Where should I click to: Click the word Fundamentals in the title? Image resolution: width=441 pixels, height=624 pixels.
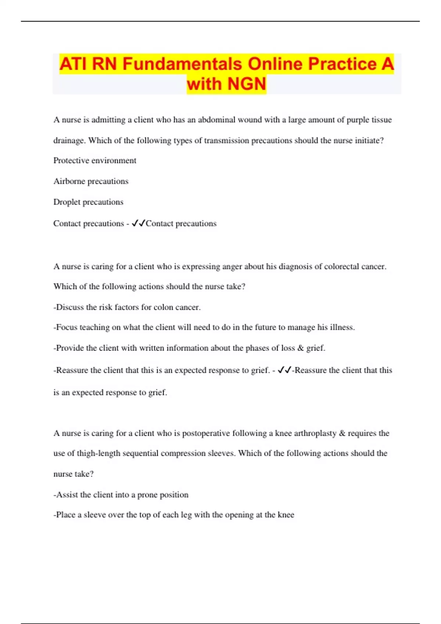coord(182,64)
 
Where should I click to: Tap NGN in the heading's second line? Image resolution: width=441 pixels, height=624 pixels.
coord(247,84)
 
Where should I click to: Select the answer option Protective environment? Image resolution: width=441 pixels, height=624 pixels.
coord(95,160)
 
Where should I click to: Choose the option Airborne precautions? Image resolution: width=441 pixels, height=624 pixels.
coord(91,181)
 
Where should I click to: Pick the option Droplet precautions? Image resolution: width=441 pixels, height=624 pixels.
coord(88,202)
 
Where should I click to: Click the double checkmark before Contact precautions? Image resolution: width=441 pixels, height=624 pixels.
coord(139,223)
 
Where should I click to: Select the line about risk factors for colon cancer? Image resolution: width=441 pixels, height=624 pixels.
coord(127,307)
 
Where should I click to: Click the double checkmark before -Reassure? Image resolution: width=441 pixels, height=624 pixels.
coord(285,370)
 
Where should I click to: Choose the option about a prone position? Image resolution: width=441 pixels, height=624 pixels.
coord(121,495)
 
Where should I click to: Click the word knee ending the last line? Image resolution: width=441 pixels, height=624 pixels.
coord(286,515)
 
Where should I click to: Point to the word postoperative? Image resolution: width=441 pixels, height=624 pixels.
coord(206,433)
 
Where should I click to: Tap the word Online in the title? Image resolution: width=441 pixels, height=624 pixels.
coord(275,64)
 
